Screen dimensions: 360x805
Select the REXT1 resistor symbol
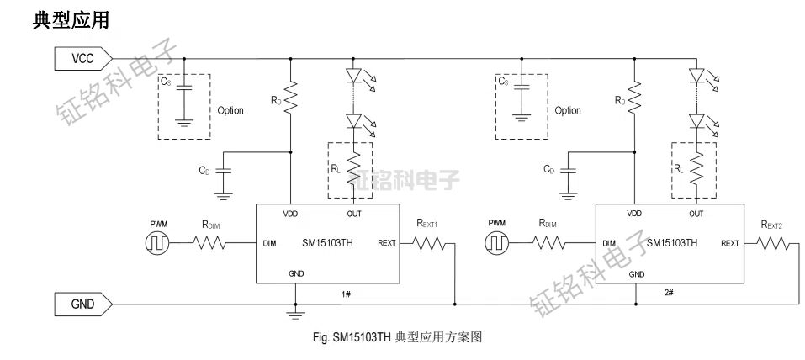click(x=431, y=244)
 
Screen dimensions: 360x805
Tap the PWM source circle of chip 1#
click(x=157, y=244)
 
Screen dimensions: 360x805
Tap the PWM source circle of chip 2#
click(x=497, y=244)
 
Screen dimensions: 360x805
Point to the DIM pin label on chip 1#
click(x=270, y=244)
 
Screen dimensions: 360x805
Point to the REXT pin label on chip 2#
click(x=730, y=244)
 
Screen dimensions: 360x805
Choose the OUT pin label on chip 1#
click(x=354, y=214)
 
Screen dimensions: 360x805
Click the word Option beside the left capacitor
click(x=230, y=110)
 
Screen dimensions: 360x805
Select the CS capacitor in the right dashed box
click(x=523, y=98)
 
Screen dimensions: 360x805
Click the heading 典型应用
click(x=70, y=20)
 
